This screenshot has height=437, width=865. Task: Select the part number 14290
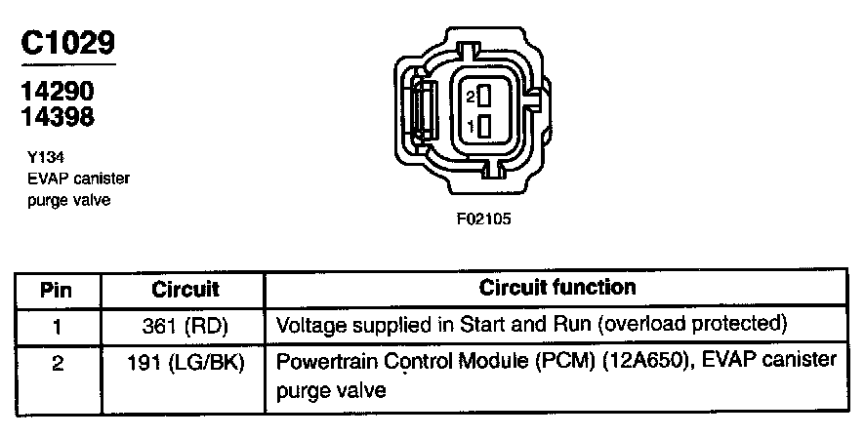coord(58,92)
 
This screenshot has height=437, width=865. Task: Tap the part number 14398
coord(58,117)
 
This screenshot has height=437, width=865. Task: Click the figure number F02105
coord(483,218)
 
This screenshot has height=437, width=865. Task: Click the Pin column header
coord(56,290)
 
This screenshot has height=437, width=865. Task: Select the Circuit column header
coord(185,290)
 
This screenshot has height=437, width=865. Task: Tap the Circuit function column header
coord(557,288)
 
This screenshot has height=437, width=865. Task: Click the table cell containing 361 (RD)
coord(185,323)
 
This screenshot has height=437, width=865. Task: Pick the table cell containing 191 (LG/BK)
coord(185,361)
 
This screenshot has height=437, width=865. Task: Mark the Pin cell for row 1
coord(56,323)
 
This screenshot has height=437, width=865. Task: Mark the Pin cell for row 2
coord(56,361)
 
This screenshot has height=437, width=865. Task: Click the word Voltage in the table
coord(307,323)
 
